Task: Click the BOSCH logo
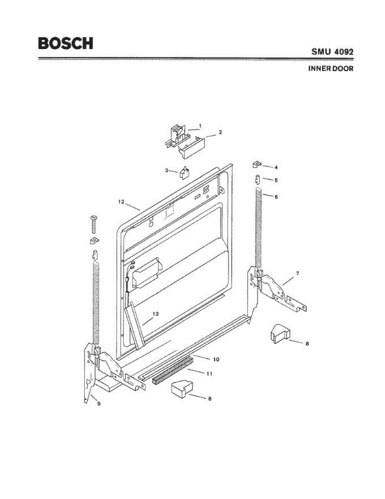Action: click(65, 43)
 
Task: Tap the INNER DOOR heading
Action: click(330, 69)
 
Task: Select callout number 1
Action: click(200, 125)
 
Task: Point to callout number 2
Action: click(221, 132)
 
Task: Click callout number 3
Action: click(166, 170)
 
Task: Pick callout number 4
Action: click(276, 167)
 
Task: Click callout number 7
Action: click(297, 273)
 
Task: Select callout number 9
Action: click(99, 403)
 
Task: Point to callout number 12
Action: click(121, 202)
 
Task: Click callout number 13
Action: click(155, 314)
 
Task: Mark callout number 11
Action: click(209, 374)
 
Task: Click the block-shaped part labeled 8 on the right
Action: click(279, 334)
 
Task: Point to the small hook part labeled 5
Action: click(258, 180)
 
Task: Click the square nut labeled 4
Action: click(257, 165)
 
